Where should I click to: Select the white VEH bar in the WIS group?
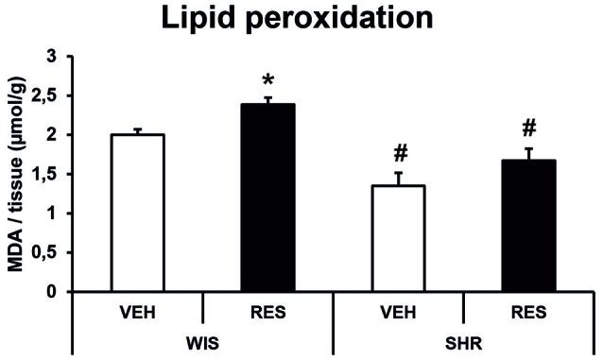point(137,213)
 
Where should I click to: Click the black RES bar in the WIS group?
point(267,198)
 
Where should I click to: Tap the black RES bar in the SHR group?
point(528,226)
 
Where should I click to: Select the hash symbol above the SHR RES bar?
point(529,128)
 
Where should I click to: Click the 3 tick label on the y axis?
point(55,58)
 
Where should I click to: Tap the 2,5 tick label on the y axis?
point(46,96)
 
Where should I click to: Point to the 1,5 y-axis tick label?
point(46,175)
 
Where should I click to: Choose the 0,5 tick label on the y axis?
point(46,252)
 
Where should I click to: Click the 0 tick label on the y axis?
point(55,292)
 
